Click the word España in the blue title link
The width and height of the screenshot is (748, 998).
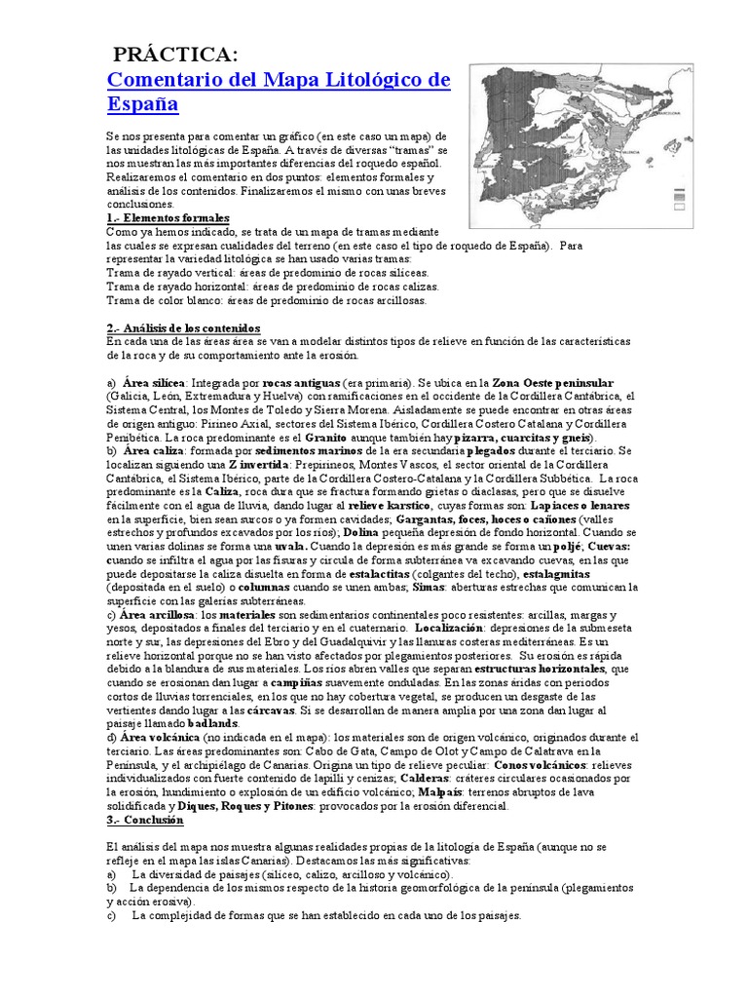[142, 103]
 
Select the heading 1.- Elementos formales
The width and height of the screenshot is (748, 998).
[168, 218]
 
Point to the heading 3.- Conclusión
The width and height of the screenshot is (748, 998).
[145, 821]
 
